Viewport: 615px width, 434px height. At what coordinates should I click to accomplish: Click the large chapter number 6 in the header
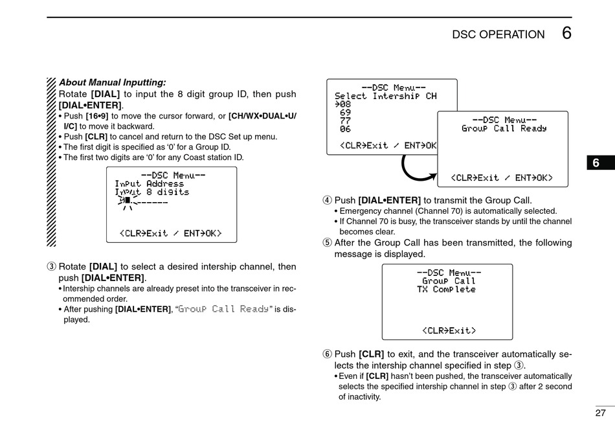pyautogui.click(x=566, y=33)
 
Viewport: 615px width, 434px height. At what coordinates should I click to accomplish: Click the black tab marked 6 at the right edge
pyautogui.click(x=596, y=163)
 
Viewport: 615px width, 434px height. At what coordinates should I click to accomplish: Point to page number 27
pyautogui.click(x=600, y=413)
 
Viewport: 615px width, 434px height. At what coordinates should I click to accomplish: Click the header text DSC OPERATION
pyautogui.click(x=498, y=35)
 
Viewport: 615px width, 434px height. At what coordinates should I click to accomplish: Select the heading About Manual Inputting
pyautogui.click(x=113, y=82)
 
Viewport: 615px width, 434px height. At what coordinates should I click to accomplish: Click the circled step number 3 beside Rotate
pyautogui.click(x=51, y=267)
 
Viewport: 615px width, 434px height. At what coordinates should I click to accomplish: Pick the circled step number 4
pyautogui.click(x=328, y=201)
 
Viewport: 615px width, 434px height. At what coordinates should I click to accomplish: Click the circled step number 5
pyautogui.click(x=328, y=243)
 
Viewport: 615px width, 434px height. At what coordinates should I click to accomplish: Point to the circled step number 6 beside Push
pyautogui.click(x=328, y=354)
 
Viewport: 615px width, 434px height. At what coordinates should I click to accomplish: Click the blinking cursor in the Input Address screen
pyautogui.click(x=128, y=201)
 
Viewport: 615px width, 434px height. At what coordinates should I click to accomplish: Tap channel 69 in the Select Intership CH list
pyautogui.click(x=345, y=113)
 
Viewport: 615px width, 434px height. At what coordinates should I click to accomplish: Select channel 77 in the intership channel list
pyautogui.click(x=345, y=121)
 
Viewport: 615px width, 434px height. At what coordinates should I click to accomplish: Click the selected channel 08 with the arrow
pyautogui.click(x=343, y=104)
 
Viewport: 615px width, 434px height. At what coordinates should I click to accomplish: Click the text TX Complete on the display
pyautogui.click(x=446, y=290)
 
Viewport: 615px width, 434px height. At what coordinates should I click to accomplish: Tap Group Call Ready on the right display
pyautogui.click(x=504, y=129)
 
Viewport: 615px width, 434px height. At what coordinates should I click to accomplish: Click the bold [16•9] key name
pyautogui.click(x=97, y=116)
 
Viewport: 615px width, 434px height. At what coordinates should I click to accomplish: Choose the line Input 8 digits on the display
pyautogui.click(x=152, y=192)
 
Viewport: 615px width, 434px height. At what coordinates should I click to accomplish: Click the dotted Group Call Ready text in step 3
pyautogui.click(x=223, y=309)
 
